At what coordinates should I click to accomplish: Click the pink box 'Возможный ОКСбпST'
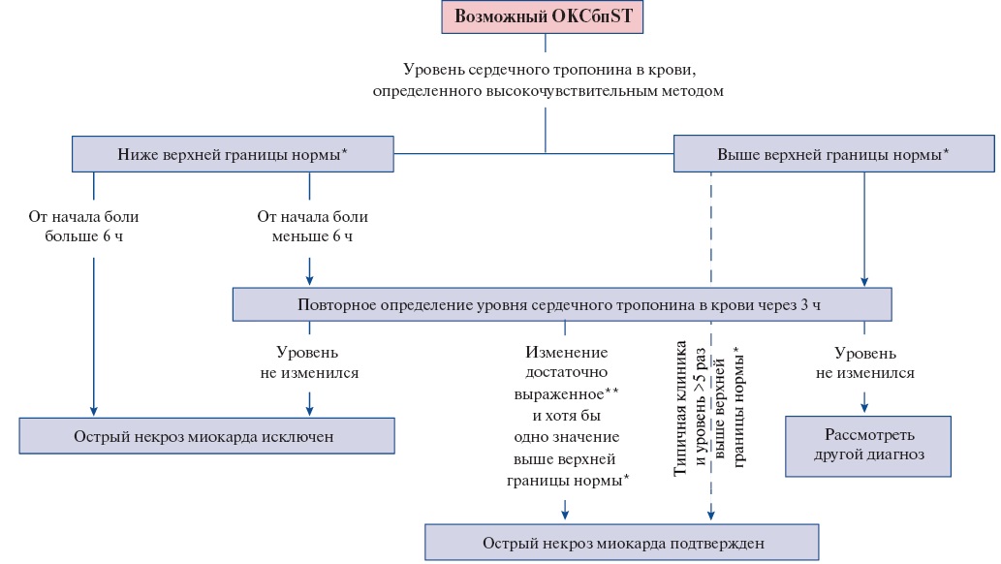(542, 16)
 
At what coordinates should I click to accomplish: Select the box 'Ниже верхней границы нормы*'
(233, 154)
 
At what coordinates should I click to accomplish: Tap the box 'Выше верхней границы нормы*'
(833, 154)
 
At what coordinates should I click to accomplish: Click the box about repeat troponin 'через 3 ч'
(562, 304)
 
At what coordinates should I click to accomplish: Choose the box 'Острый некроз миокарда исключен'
(206, 436)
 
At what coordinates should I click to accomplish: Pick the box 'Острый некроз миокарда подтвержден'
(622, 543)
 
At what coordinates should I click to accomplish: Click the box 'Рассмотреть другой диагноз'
(868, 446)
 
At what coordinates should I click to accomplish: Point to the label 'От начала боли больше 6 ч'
(83, 226)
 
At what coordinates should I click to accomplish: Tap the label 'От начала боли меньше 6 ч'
(312, 226)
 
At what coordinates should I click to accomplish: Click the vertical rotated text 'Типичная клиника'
(680, 408)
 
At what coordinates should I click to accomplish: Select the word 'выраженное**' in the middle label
(566, 393)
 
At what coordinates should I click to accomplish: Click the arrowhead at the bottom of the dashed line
(710, 515)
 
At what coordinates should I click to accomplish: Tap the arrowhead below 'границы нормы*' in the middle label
(565, 513)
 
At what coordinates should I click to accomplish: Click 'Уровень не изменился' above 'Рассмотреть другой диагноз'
(865, 362)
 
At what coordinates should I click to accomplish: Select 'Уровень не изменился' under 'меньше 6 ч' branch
(309, 362)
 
